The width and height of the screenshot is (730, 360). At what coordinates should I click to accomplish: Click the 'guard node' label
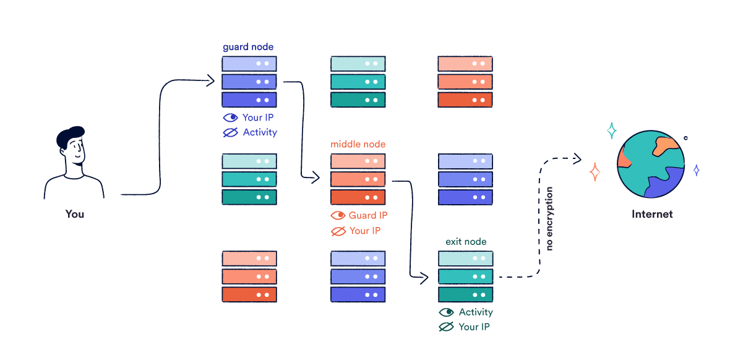coord(247,47)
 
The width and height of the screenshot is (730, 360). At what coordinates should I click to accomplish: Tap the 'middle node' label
coord(358,144)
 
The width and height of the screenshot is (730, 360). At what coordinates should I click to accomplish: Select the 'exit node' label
coord(466,241)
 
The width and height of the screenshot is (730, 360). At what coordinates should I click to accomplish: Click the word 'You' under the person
coord(74,214)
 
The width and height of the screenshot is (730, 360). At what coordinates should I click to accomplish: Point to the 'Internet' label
coord(652,214)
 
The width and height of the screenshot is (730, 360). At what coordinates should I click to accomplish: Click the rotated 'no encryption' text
coord(549,219)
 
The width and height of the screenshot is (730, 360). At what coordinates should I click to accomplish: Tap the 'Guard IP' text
coord(368,215)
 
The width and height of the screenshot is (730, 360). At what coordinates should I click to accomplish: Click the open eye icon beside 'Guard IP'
coord(338,215)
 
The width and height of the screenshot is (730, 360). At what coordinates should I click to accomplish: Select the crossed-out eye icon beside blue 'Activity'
coord(230,132)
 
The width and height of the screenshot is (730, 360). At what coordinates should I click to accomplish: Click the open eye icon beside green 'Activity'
coord(446,312)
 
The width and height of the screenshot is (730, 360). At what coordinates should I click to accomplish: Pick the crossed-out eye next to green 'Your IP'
coord(446,327)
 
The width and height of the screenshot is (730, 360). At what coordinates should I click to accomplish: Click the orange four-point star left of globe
coord(595,172)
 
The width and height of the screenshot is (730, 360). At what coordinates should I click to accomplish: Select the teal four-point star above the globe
coord(611,131)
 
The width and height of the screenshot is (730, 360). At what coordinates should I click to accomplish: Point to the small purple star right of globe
coord(696,169)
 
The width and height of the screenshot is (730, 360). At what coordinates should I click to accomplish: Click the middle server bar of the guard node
coord(249,82)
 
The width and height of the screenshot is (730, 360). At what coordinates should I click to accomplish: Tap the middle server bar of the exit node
coord(465,276)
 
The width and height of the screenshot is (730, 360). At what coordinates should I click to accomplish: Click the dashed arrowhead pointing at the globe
coord(578,159)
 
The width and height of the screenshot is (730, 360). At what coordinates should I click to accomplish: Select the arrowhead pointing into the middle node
coord(317,178)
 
